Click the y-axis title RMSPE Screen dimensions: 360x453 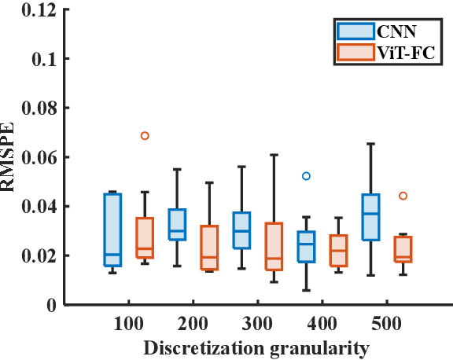point(11,157)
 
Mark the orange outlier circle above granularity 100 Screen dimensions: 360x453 point(145,136)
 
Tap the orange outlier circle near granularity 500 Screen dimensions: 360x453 point(403,196)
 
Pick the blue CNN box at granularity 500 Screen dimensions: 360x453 point(370,217)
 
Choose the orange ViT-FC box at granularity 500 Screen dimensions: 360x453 point(403,249)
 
